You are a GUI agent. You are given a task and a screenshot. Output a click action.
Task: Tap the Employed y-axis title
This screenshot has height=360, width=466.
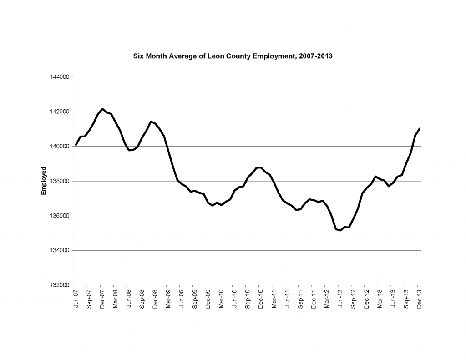[x=44, y=181]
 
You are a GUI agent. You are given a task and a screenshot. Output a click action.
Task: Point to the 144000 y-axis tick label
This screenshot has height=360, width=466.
[x=60, y=77]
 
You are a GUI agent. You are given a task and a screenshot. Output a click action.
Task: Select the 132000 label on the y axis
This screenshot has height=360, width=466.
[x=60, y=285]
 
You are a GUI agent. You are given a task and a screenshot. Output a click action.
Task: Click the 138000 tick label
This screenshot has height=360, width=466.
[x=60, y=181]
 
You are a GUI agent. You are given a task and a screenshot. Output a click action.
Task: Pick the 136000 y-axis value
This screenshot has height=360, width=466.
[x=60, y=216]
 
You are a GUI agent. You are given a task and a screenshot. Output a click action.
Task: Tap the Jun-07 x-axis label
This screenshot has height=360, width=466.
[x=76, y=299]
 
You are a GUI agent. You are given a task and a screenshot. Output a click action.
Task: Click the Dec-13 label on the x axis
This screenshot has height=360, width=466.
[x=419, y=299]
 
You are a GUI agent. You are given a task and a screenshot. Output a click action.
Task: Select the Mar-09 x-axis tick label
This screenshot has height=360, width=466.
[x=168, y=299]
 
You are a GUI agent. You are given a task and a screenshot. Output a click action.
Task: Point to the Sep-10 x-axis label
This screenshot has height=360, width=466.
[x=248, y=299]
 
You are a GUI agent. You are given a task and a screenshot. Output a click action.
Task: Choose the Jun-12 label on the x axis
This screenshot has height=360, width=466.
[x=340, y=299]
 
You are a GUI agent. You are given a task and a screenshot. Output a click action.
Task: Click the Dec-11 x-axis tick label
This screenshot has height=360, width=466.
[x=314, y=299]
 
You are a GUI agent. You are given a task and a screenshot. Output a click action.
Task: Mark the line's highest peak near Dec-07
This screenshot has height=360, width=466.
[x=102, y=109]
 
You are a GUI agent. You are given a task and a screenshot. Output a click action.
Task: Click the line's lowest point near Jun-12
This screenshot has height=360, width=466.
[x=340, y=230]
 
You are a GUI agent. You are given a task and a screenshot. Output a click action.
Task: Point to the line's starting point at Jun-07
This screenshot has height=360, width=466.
[x=76, y=145]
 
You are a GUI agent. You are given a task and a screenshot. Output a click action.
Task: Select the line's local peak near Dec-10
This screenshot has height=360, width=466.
[x=259, y=167]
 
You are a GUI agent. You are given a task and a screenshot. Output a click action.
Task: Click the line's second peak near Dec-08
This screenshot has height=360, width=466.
[x=151, y=122]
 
